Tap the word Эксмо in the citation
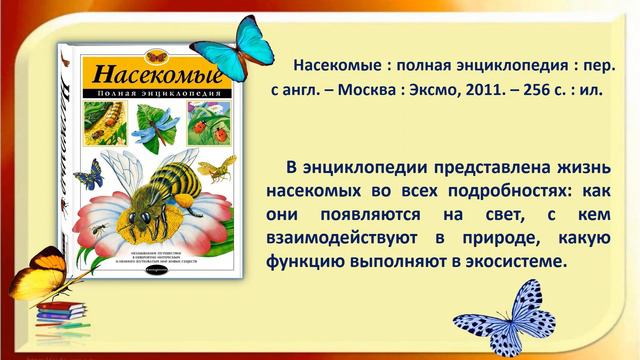433,89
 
